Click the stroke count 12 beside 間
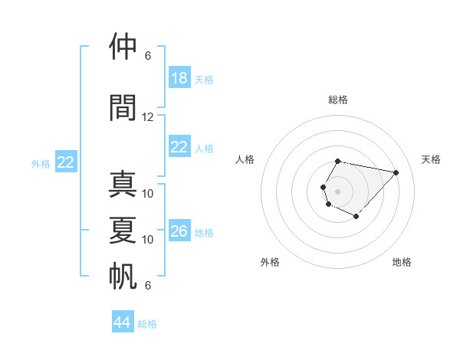(148, 117)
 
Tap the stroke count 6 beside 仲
(148, 56)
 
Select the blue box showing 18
(179, 78)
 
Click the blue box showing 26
(179, 231)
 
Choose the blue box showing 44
(123, 322)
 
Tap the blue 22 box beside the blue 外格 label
(66, 162)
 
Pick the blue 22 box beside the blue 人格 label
(179, 147)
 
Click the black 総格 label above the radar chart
(337, 100)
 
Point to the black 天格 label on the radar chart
(432, 159)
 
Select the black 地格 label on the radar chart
(402, 262)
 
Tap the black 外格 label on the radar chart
(270, 262)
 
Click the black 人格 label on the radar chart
(245, 159)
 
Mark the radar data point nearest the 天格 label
(396, 172)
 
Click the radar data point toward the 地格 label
(356, 217)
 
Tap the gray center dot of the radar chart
(337, 190)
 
